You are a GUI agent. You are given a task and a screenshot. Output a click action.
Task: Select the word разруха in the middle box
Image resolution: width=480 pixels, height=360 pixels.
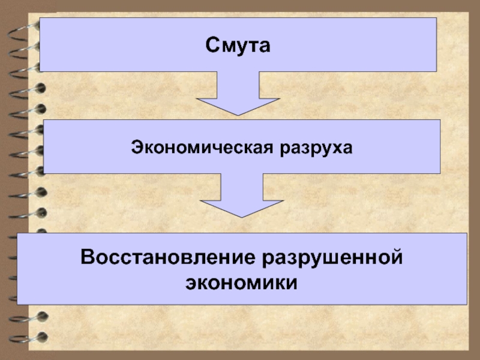point(316,146)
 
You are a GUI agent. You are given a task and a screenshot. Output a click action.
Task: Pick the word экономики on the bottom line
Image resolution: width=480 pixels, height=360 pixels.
point(241,281)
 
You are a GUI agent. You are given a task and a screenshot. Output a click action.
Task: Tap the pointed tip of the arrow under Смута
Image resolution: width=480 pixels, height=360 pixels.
point(239,114)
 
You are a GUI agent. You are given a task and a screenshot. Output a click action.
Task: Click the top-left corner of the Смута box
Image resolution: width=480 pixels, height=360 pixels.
point(41,18)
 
